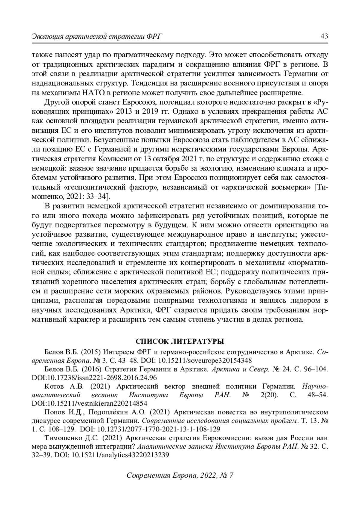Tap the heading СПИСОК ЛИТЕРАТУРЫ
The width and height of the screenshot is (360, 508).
[x=180, y=342]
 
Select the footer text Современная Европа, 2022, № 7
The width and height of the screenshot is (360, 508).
[x=180, y=476]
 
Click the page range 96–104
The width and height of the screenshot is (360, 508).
[x=316, y=369]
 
